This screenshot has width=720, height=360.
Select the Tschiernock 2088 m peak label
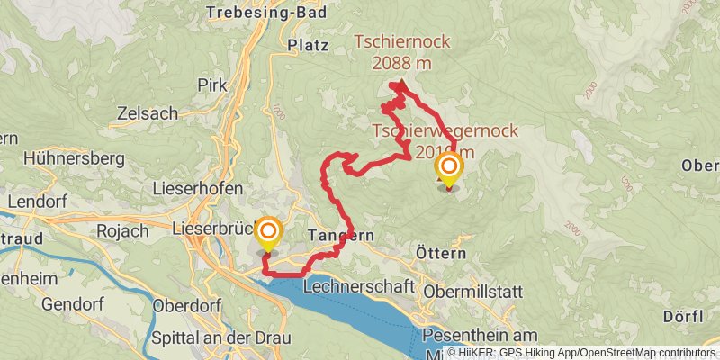(x=399, y=52)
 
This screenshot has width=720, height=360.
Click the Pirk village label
(x=211, y=85)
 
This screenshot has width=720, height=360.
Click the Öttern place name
(x=441, y=255)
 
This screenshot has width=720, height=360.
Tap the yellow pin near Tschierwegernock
(x=448, y=167)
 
